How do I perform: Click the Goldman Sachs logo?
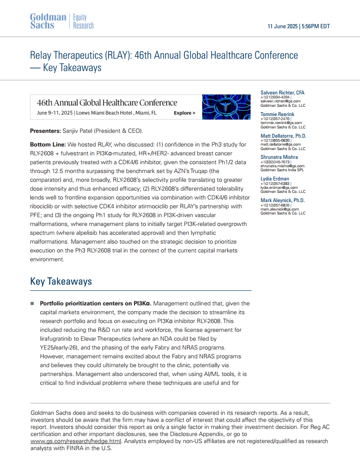48,21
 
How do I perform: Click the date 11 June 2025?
283,26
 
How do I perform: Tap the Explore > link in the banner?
184,113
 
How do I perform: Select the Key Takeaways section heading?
61,282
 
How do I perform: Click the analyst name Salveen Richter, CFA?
283,93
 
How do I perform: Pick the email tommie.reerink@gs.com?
281,123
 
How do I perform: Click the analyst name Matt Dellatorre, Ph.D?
283,136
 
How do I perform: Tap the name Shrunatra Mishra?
279,157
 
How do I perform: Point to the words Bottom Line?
48,145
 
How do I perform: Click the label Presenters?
45,131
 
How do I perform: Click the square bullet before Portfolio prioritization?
32,304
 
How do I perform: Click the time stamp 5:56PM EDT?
316,26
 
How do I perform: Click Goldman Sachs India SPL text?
282,170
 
